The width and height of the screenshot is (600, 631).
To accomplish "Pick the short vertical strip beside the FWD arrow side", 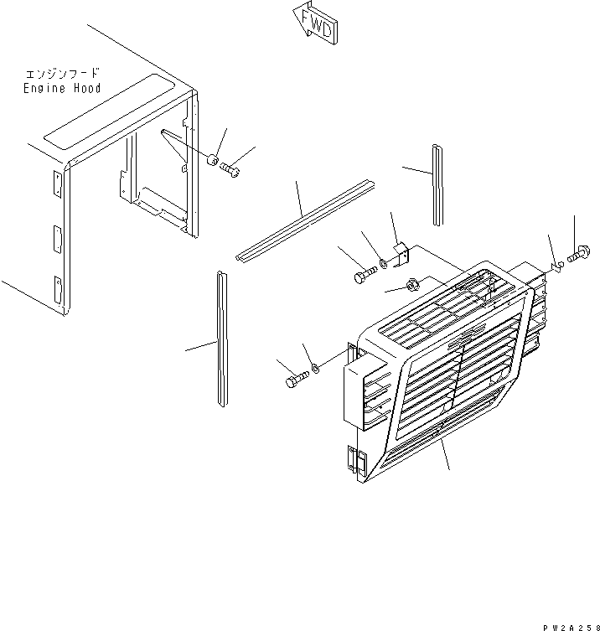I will click(437, 184).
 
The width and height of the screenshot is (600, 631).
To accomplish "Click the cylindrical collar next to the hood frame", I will click(215, 160).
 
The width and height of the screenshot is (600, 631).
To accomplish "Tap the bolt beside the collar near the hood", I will click(232, 170).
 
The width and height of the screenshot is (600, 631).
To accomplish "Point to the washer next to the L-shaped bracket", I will click(383, 265).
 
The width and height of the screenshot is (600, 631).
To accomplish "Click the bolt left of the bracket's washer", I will click(361, 274).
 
